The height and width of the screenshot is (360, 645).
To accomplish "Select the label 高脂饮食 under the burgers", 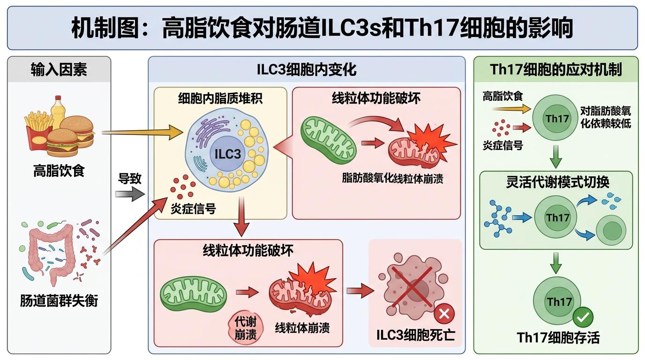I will (x=59, y=171).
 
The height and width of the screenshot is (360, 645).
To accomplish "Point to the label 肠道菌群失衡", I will (x=59, y=300).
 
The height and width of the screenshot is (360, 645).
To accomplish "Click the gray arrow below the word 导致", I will (x=129, y=193).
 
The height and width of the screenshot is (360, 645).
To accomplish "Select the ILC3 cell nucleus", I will (x=227, y=153).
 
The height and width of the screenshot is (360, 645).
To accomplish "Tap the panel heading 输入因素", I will (x=59, y=70).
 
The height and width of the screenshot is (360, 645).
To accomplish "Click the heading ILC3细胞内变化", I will (x=307, y=70).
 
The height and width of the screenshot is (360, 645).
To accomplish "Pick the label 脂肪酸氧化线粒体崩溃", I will (x=392, y=179).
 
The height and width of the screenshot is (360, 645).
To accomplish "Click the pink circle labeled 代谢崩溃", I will (x=246, y=328).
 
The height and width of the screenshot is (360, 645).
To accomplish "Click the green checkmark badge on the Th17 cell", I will (x=583, y=317).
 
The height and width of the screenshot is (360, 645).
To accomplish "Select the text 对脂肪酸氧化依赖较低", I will (x=605, y=117).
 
